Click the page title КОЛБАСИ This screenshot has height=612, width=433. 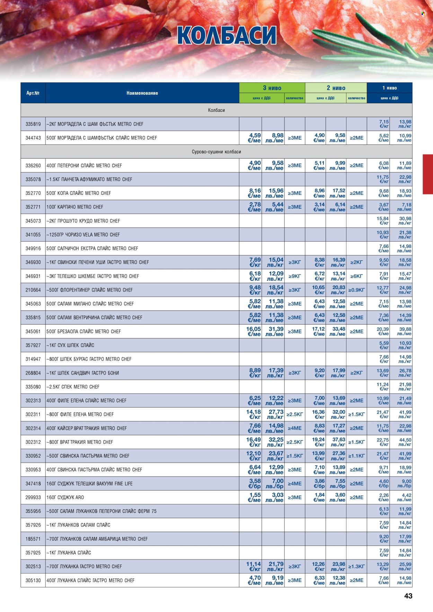(227, 35)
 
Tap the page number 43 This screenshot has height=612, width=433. (408, 596)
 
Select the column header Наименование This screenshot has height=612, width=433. (142, 93)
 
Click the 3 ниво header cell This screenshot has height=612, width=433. (272, 88)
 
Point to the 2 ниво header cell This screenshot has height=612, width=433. (336, 88)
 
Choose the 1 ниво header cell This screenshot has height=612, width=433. (389, 88)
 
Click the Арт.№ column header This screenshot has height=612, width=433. (33, 93)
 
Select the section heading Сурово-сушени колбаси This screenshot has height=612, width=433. (216, 152)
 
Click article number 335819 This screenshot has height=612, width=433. (33, 124)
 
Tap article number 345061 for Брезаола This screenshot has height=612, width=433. (33, 331)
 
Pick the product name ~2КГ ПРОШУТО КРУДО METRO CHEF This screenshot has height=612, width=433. (83, 221)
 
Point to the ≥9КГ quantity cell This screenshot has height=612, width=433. (294, 276)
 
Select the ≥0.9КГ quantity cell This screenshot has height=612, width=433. (356, 290)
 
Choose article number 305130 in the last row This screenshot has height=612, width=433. (33, 580)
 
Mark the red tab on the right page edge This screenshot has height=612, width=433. (428, 174)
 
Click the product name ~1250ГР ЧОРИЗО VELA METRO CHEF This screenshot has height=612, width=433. (83, 235)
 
